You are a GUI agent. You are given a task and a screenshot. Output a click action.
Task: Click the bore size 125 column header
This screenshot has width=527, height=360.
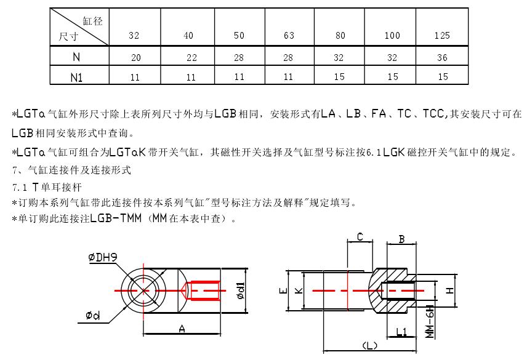[x=441, y=36]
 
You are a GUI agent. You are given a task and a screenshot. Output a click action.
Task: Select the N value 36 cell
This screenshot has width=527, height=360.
[x=441, y=58]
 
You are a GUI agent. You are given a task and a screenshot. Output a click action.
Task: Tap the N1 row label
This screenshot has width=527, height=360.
[x=76, y=77]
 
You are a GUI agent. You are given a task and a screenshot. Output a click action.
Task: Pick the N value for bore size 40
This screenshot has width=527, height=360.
[x=191, y=58]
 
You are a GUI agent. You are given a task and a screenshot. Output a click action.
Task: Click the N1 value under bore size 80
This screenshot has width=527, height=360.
[x=339, y=77]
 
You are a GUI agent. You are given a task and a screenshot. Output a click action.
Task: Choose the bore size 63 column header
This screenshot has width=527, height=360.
[x=289, y=36]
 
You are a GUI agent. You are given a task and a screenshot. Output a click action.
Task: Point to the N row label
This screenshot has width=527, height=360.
[x=76, y=58]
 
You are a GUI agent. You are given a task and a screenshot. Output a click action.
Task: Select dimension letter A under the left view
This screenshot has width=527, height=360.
[x=182, y=329]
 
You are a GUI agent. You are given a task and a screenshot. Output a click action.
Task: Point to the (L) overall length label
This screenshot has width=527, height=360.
[x=371, y=346]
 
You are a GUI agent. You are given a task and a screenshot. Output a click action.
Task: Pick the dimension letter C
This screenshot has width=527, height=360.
[x=360, y=236]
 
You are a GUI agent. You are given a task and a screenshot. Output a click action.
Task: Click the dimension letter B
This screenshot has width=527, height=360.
[x=401, y=239]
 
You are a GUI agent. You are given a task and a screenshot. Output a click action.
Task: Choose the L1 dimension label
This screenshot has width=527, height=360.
[x=401, y=332]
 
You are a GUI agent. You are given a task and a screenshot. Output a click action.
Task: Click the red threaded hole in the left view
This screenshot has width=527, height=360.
[x=205, y=290]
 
